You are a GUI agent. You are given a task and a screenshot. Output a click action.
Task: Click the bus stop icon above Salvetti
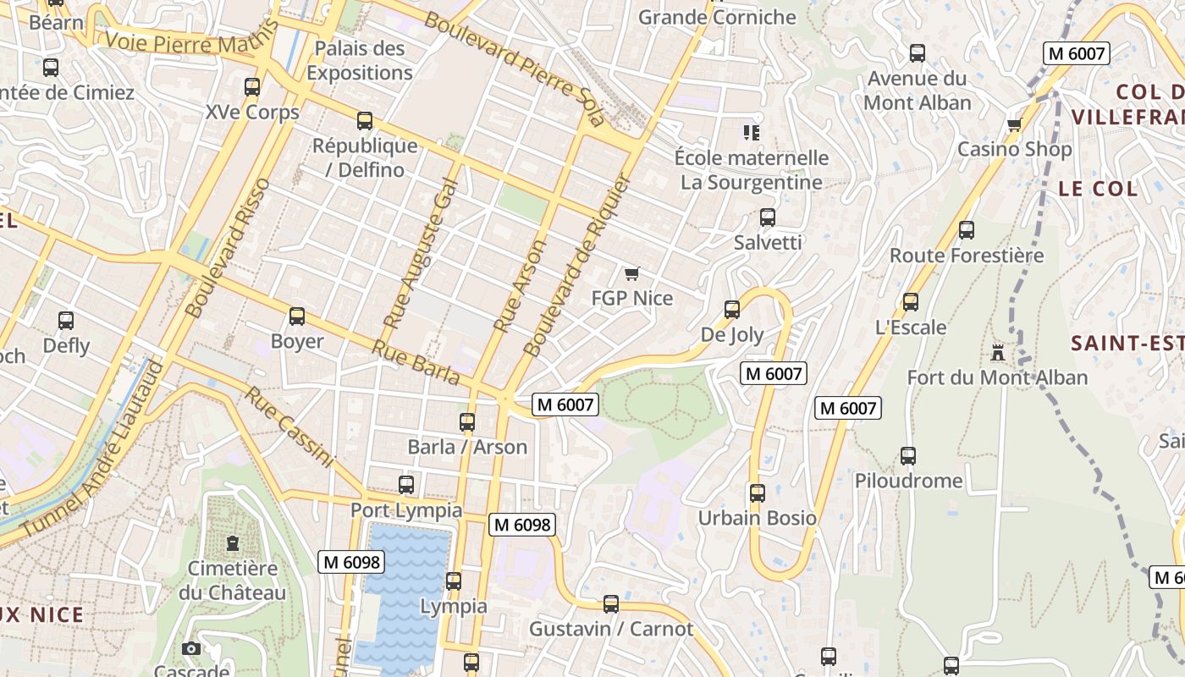(768, 217)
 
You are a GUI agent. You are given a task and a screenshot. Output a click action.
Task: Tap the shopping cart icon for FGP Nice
(631, 273)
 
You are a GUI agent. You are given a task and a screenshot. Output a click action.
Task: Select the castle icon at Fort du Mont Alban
(998, 352)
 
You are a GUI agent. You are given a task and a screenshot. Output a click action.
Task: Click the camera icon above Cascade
(191, 648)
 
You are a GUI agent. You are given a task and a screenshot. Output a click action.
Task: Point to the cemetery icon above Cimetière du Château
(233, 543)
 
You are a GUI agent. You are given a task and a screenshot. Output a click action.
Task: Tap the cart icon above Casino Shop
(1014, 125)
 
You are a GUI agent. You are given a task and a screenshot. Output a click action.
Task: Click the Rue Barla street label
(415, 362)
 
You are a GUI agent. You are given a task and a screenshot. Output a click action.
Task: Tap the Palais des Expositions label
(360, 60)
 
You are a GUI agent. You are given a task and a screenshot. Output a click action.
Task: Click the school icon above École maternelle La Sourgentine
(751, 132)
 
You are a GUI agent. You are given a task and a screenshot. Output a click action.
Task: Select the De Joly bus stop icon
(732, 310)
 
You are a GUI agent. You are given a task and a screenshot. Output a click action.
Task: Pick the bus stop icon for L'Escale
(911, 302)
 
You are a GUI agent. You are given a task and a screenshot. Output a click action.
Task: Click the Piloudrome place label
(908, 481)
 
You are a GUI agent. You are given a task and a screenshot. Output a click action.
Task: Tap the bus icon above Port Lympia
(406, 485)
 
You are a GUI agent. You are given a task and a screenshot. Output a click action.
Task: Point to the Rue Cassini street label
(289, 427)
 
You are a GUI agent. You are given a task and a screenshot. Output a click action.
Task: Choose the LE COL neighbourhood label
(1098, 189)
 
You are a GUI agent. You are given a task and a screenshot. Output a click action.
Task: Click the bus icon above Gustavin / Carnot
(611, 604)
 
